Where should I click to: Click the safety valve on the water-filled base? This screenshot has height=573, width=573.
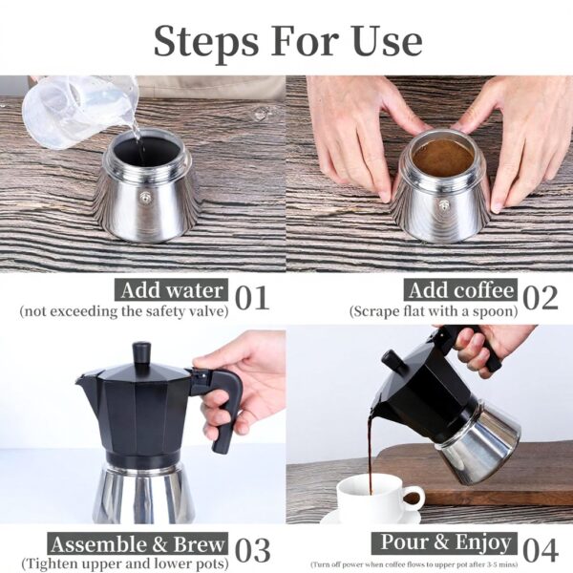pos(146,198)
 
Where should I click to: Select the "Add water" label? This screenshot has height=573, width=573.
pos(171,290)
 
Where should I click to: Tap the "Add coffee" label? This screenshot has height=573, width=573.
pos(459,290)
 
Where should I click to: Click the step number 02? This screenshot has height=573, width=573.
pos(541,298)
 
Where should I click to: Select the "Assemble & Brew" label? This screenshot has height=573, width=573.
pos(138,544)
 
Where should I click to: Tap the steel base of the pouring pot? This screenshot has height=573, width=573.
pos(477,444)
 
